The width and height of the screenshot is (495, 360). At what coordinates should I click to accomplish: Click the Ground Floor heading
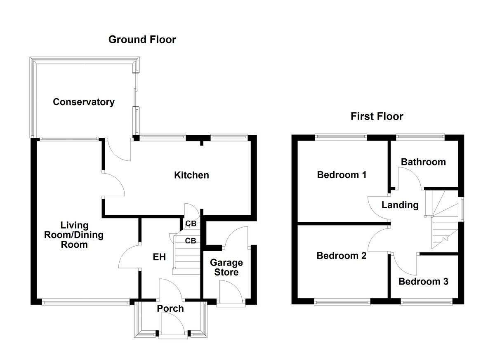click(142, 40)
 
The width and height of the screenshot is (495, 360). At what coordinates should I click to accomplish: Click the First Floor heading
click(377, 116)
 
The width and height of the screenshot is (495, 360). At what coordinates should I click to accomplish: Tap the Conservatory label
click(84, 102)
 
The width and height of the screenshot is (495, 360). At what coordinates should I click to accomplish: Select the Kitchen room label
click(191, 175)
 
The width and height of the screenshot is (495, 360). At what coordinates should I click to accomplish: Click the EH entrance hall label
click(159, 257)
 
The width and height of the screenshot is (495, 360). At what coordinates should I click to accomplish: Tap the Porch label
click(170, 308)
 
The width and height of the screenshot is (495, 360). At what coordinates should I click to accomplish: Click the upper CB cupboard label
click(191, 224)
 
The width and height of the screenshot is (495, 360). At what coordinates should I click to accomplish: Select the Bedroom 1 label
click(342, 175)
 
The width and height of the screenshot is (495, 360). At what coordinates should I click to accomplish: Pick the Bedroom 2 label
click(342, 256)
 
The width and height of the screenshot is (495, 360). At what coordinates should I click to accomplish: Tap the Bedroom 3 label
click(423, 282)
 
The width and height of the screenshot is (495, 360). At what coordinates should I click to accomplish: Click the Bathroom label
click(423, 162)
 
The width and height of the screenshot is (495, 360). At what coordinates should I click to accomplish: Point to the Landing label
click(400, 205)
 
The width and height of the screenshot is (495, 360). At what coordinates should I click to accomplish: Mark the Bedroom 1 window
click(341, 135)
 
